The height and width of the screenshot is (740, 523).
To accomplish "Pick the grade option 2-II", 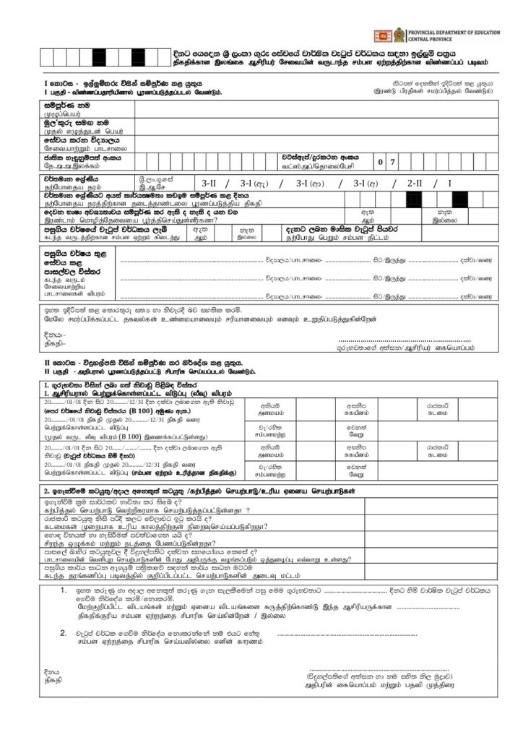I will [x=418, y=183].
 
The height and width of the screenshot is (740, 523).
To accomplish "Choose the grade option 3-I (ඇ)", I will [x=255, y=183].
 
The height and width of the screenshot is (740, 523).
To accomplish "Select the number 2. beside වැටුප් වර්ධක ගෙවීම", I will [x=65, y=632].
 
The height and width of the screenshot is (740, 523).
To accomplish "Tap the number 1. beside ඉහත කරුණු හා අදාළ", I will [x=65, y=590].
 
